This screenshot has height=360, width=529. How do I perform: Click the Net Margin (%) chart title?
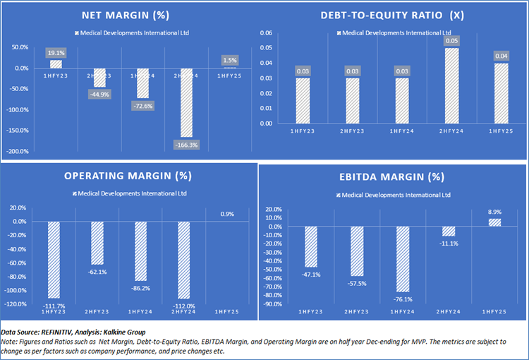pos(131,15)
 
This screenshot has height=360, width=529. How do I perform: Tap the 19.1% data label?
pos(56,53)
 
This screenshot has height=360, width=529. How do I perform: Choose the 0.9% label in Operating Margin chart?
pos(227,214)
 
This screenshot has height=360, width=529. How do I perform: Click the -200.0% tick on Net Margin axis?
pos(19,152)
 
